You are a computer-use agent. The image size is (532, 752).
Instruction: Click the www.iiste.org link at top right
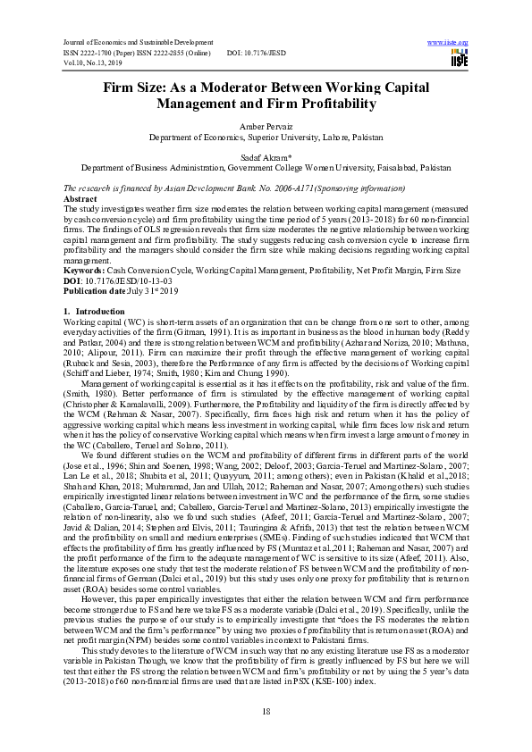tap(449, 42)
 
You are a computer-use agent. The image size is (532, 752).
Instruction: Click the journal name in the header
tap(128, 42)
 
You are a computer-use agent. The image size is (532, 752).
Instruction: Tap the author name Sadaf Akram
tap(265, 156)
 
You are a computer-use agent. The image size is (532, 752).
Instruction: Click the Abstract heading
tap(80, 199)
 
